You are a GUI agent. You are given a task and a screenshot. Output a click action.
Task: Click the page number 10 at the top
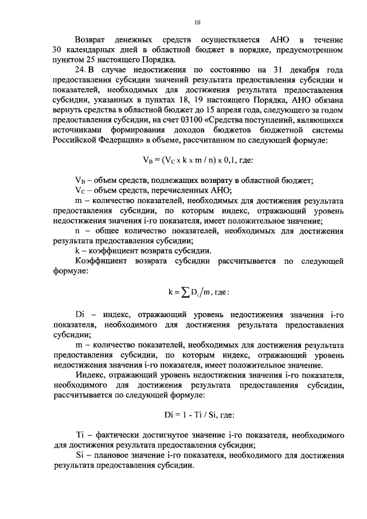[x=197, y=23]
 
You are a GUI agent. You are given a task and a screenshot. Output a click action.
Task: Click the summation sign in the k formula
[x=185, y=292]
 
